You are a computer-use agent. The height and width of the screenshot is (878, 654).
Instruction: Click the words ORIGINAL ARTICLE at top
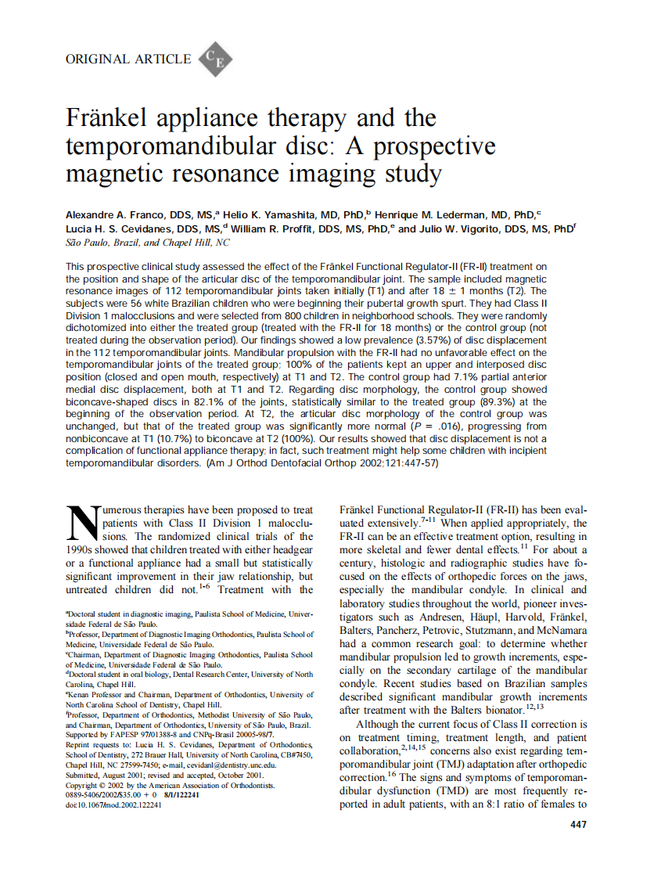pos(128,59)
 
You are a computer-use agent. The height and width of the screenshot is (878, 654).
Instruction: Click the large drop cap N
pos(82,522)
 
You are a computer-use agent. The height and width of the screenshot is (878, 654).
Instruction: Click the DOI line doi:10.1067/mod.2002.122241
pos(114,805)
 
